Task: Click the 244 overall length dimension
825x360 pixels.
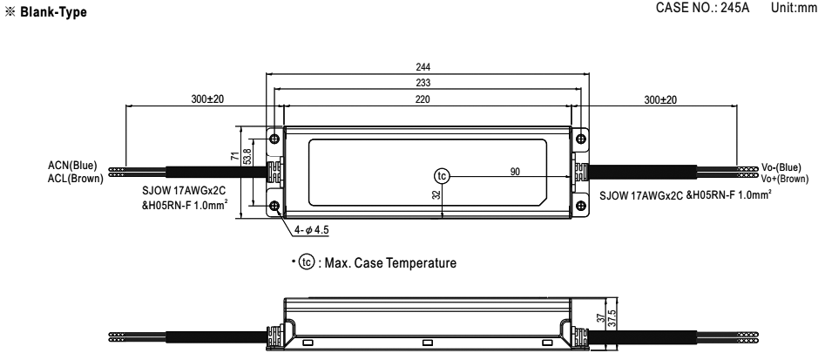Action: pos(423,67)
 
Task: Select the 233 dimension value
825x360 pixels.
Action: pos(423,83)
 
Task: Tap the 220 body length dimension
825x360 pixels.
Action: pos(423,99)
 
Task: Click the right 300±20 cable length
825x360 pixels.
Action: pos(660,99)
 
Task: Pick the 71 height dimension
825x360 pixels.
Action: pos(235,156)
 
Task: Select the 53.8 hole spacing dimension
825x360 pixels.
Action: pos(246,156)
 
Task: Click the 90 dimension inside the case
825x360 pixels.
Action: pos(515,172)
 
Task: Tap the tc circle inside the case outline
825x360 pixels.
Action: pos(442,176)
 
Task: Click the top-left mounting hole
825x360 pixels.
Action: pos(274,139)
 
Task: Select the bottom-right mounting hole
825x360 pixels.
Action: pos(580,206)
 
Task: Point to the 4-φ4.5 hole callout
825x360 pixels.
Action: pos(312,230)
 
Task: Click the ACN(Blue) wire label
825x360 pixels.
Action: pos(72,166)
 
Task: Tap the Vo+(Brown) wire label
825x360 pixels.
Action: pos(785,179)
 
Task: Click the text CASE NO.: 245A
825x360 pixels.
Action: pos(702,8)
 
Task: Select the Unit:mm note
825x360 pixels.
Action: pos(794,8)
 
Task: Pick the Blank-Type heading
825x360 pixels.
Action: pos(53,12)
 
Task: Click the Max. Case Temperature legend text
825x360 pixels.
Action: pos(390,262)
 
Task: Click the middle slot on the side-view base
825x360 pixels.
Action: pos(428,343)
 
